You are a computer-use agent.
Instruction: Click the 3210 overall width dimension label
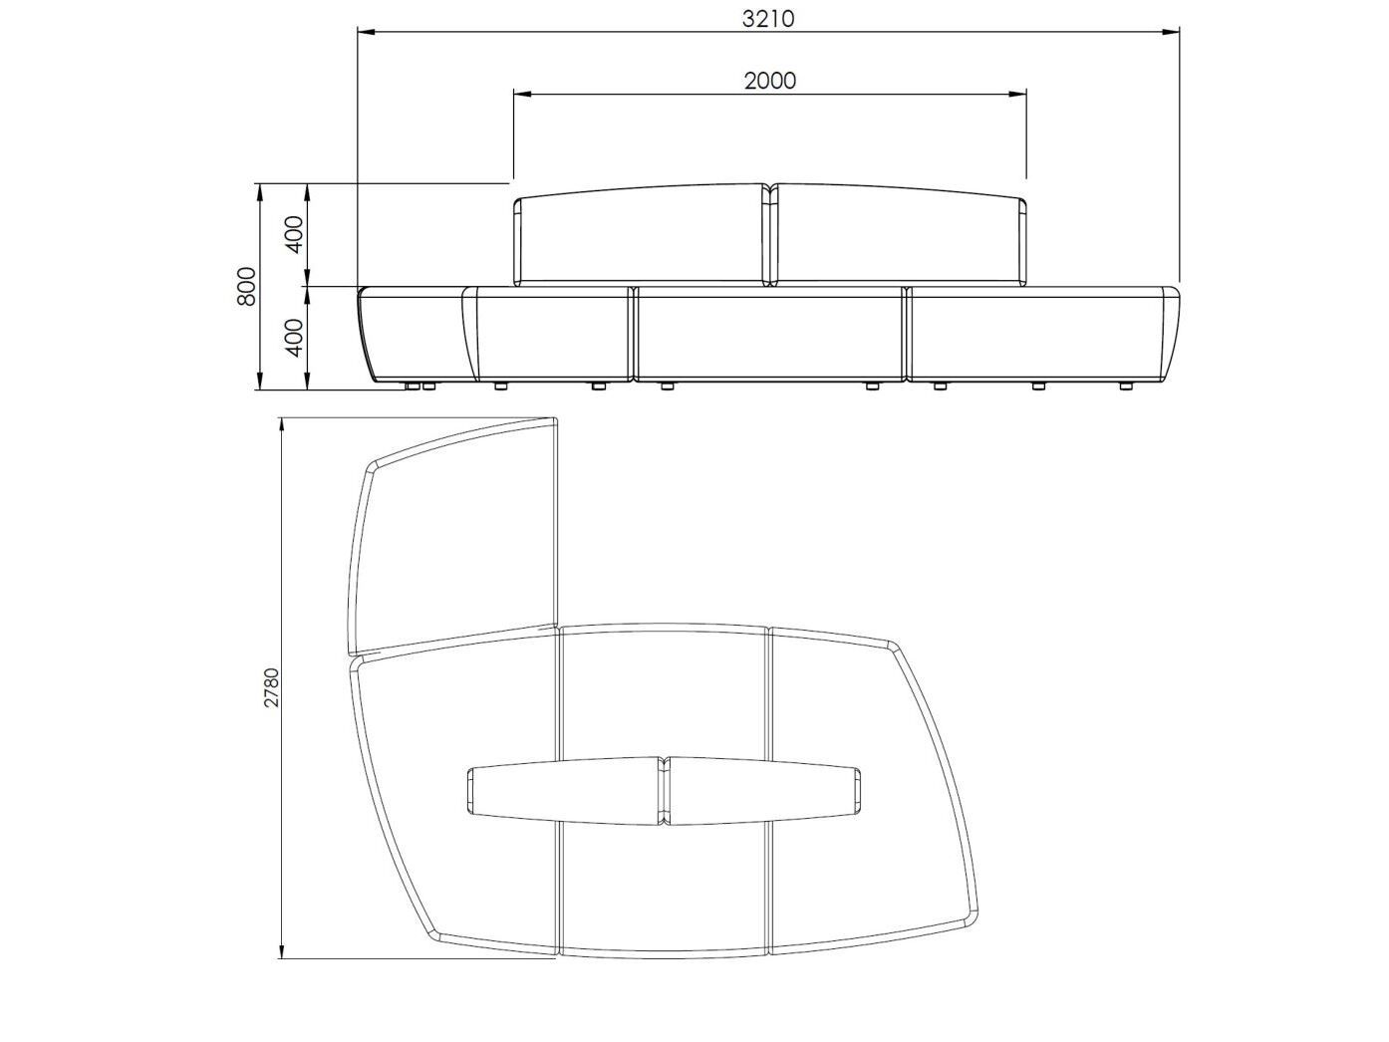pyautogui.click(x=769, y=19)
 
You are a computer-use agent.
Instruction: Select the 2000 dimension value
pyautogui.click(x=770, y=81)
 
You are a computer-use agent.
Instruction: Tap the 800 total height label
pyautogui.click(x=247, y=286)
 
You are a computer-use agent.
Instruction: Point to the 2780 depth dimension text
pyautogui.click(x=271, y=687)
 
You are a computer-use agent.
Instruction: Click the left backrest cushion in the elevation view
pyautogui.click(x=640, y=239)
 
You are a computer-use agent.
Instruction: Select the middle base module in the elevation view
pyautogui.click(x=769, y=334)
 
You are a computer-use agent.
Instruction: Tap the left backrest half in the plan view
pyautogui.click(x=563, y=792)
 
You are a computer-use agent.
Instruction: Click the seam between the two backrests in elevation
pyautogui.click(x=770, y=236)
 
